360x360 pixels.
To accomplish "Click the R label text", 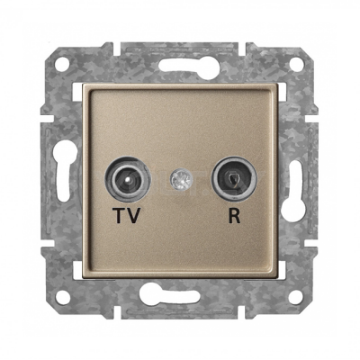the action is (x=235, y=216).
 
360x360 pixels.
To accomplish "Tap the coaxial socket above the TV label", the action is (x=128, y=180).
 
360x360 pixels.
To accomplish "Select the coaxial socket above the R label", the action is (x=234, y=179).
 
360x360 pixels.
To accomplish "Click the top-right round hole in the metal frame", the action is (x=297, y=66).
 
